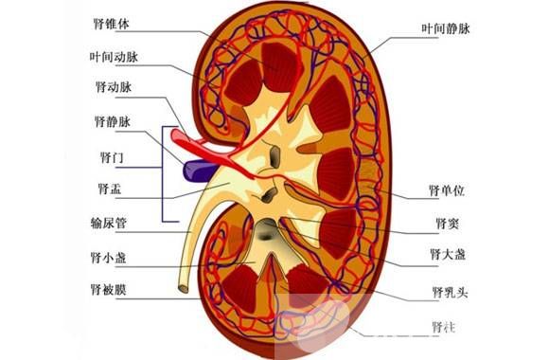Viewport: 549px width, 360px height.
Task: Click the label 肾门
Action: tap(111, 154)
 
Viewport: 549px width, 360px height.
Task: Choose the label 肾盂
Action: tap(111, 189)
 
